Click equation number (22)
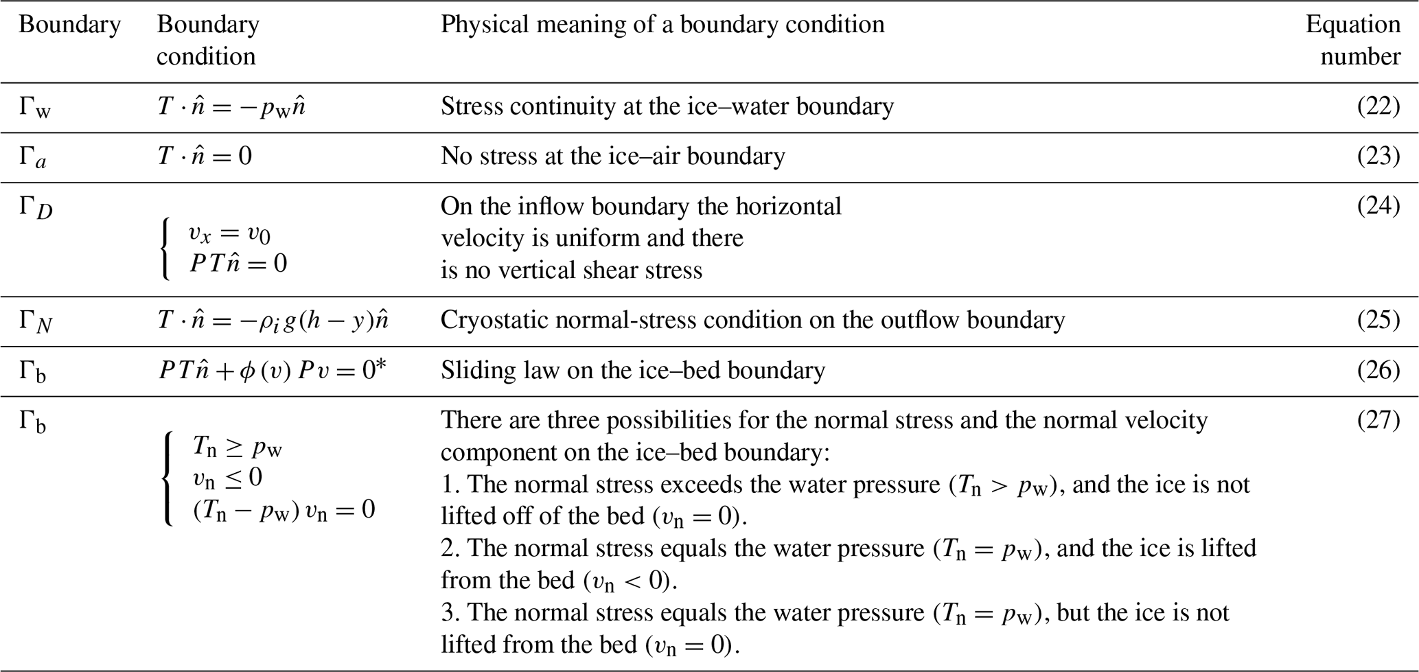(1378, 106)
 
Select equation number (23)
(1378, 157)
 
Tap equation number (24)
(1378, 206)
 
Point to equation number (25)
(1378, 320)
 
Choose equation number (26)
(1378, 370)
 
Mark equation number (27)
(1378, 419)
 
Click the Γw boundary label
(34, 108)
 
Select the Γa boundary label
(33, 158)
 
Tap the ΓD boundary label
(35, 208)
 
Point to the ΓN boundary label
(35, 322)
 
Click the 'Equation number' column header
(1353, 40)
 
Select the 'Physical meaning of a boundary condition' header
(662, 25)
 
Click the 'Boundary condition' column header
(207, 40)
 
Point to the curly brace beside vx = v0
(165, 251)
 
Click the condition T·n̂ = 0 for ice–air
(205, 157)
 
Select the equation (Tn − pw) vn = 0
(284, 510)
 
